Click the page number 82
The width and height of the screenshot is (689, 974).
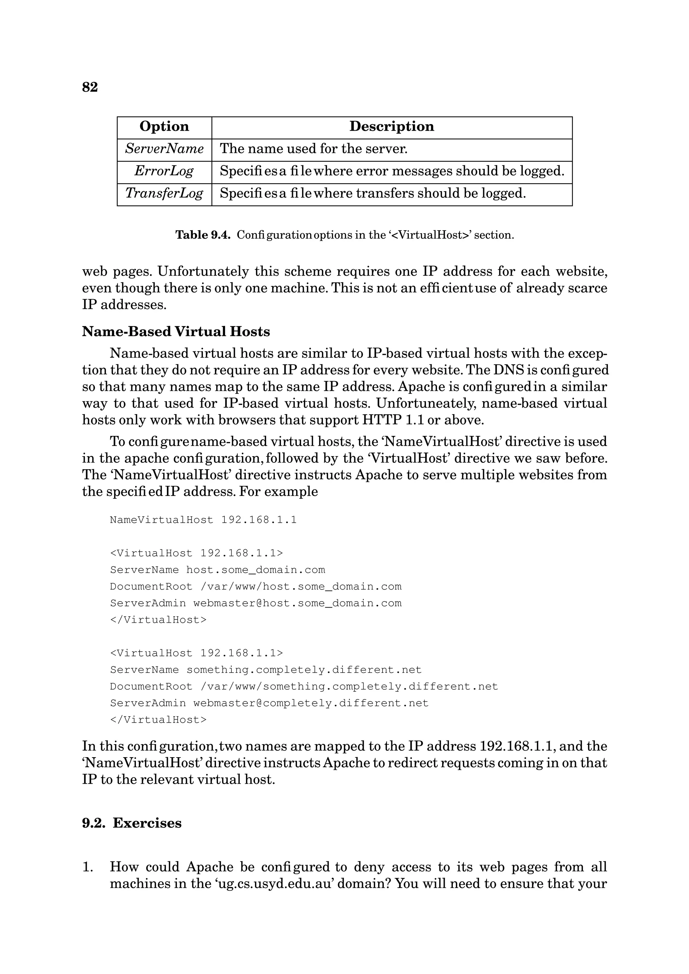[89, 87]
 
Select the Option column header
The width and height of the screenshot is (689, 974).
[164, 126]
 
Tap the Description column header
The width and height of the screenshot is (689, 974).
[391, 126]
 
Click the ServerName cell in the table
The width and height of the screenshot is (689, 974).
[164, 149]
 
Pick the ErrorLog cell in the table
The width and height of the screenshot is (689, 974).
[164, 171]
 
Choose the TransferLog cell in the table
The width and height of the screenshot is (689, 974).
[164, 194]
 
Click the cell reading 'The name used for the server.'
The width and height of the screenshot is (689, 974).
[313, 149]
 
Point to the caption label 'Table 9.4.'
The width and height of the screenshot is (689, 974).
[203, 235]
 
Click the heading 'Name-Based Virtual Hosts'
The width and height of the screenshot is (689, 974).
[176, 332]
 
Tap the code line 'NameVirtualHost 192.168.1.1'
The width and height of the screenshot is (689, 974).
[203, 520]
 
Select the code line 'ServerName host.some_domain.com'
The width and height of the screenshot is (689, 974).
[217, 570]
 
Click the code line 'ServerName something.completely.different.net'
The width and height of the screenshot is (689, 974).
[266, 670]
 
